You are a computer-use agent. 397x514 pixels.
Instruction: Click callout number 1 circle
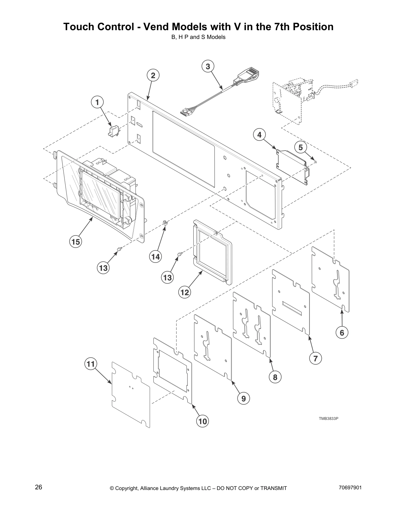coord(97,102)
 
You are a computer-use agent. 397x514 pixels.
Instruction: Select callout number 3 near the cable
coord(208,67)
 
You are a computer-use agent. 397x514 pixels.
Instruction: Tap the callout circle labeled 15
coord(76,242)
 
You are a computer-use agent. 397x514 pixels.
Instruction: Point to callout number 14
coord(155,257)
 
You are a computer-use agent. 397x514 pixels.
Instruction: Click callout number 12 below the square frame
coord(185,292)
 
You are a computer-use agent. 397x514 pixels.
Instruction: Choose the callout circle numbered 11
coord(90,364)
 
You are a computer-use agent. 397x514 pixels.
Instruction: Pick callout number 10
coord(202,421)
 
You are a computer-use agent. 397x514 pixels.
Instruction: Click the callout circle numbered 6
coord(342,333)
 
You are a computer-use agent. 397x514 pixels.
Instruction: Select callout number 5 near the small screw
coord(301,148)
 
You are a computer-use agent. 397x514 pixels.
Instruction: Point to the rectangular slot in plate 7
coord(292,308)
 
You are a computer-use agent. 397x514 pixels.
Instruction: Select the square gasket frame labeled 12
coord(212,251)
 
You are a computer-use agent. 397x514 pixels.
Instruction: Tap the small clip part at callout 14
coord(165,223)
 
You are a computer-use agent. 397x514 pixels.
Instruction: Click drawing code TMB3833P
coord(329,418)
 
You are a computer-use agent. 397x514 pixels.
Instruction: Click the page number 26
coord(39,487)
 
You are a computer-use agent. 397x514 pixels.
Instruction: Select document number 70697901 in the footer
coord(350,488)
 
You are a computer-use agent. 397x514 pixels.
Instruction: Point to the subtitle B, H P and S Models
coord(198,37)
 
